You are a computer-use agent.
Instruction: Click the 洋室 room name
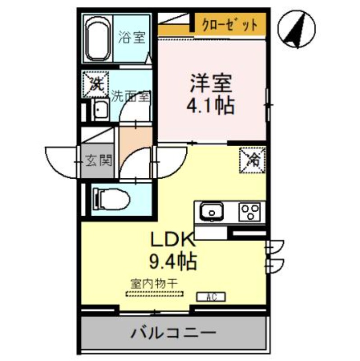tap(211, 83)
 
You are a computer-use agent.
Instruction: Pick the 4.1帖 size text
tap(211, 105)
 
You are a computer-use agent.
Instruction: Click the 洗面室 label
tap(131, 96)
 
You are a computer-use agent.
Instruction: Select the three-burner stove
tap(250, 211)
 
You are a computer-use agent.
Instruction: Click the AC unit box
tap(211, 297)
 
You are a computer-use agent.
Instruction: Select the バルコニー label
tap(173, 334)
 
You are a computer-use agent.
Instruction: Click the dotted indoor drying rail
tap(155, 294)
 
